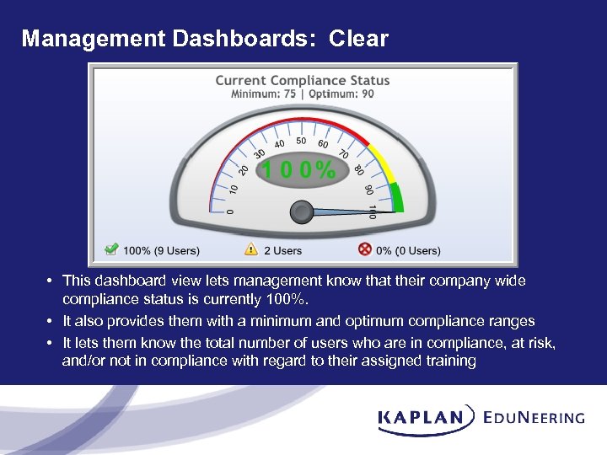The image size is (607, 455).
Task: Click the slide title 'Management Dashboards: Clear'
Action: (205, 39)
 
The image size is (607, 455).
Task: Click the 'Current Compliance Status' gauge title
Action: (303, 81)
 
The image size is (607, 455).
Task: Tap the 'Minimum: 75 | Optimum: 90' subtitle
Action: (303, 94)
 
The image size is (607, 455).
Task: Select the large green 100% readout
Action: (298, 171)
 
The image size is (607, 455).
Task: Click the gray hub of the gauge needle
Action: (302, 212)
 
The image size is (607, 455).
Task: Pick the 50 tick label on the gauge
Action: (301, 141)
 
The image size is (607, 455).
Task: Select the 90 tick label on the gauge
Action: (368, 190)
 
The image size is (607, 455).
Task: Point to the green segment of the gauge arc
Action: (397, 198)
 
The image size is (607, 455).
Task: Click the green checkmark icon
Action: (111, 249)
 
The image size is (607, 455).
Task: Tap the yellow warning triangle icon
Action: (251, 249)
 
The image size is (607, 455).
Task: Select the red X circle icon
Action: (365, 249)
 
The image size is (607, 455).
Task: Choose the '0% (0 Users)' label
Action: (408, 250)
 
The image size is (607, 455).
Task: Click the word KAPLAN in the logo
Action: (421, 417)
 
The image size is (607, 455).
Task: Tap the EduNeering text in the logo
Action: (534, 417)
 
